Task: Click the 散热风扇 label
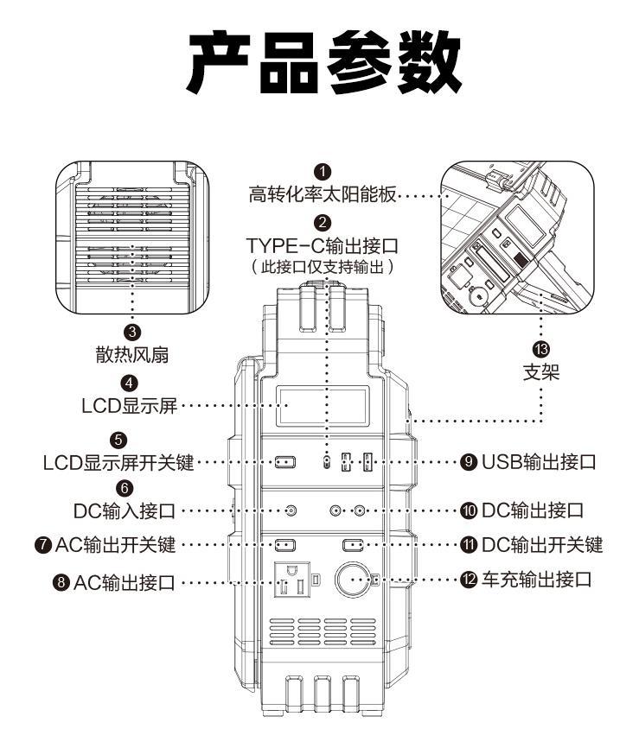click(132, 353)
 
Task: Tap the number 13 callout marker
click(541, 348)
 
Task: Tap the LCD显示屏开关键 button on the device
click(284, 462)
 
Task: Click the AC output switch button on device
click(284, 545)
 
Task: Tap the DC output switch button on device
click(355, 545)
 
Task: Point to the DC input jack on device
click(290, 510)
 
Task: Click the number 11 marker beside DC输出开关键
click(469, 545)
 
